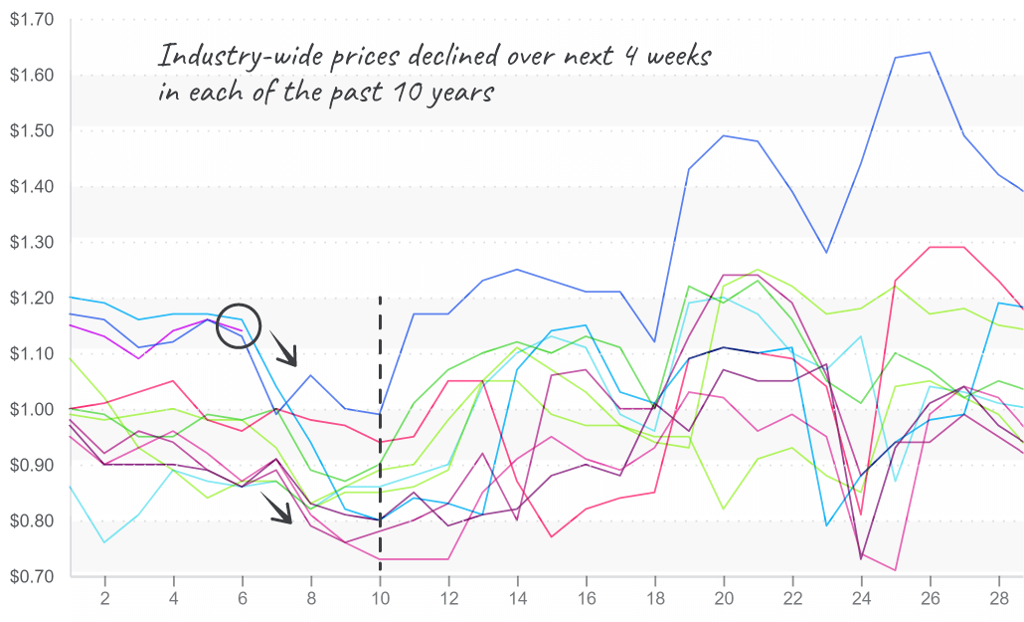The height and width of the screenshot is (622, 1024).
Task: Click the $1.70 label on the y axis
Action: click(32, 20)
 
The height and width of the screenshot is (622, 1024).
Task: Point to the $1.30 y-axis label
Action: click(32, 242)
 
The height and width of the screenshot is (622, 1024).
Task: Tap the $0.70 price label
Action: click(32, 576)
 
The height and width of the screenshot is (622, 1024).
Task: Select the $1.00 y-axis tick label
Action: click(32, 409)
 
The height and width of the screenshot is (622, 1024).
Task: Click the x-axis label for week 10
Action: click(380, 599)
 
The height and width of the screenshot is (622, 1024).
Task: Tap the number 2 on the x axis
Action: click(104, 599)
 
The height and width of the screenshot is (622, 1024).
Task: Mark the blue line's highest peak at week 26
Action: click(929, 53)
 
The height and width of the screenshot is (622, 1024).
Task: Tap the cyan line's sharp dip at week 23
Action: click(825, 525)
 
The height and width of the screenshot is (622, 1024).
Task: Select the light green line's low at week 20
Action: click(724, 509)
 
